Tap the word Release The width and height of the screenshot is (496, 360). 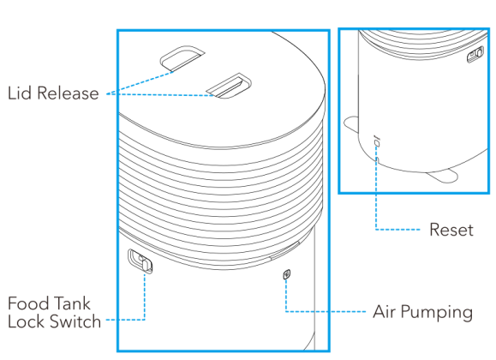[68, 93]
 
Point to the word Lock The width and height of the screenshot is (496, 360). [27, 321]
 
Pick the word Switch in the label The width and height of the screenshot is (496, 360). [75, 321]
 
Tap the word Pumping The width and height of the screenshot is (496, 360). [437, 313]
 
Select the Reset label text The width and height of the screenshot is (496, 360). [451, 230]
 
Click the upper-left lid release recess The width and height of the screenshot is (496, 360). [182, 58]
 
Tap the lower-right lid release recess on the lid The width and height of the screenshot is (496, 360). [229, 86]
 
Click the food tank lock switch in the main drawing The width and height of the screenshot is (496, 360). [140, 261]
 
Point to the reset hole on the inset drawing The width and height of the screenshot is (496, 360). [376, 144]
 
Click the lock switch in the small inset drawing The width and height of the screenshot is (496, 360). [475, 54]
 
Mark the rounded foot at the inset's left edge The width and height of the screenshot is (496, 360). [351, 123]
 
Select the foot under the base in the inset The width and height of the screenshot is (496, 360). [442, 177]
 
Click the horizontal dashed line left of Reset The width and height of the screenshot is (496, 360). [398, 229]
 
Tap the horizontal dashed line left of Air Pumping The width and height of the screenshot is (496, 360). [326, 311]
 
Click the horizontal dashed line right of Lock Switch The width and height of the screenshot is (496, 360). [125, 320]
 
